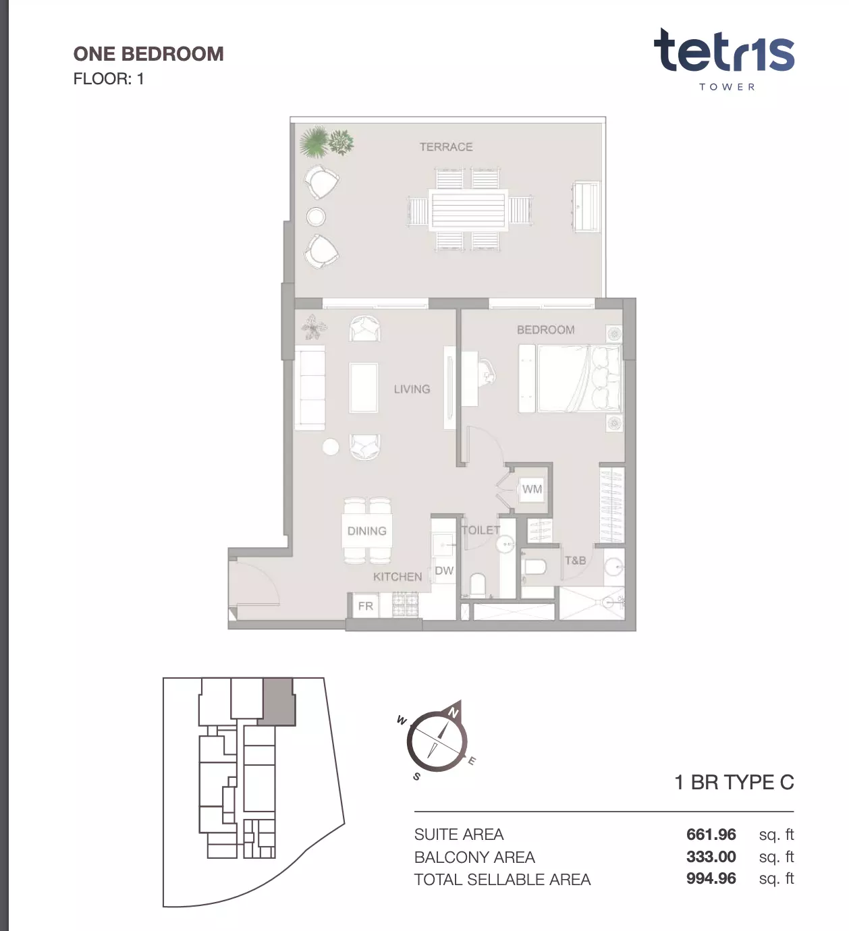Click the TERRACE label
point(446,147)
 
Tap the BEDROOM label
point(546,330)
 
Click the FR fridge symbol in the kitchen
point(366,606)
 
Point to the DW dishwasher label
point(444,571)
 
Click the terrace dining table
point(468,210)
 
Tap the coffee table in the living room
point(364,388)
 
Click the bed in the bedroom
point(578,378)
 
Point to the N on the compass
point(454,712)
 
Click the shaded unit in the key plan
point(277,701)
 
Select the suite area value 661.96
point(711,835)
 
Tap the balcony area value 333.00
point(711,857)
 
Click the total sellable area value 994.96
point(711,878)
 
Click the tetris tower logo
point(725,59)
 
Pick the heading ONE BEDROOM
point(148,54)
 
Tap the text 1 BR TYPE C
point(734,783)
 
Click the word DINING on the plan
point(367,531)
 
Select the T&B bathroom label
point(575,561)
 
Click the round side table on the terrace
point(316,217)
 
